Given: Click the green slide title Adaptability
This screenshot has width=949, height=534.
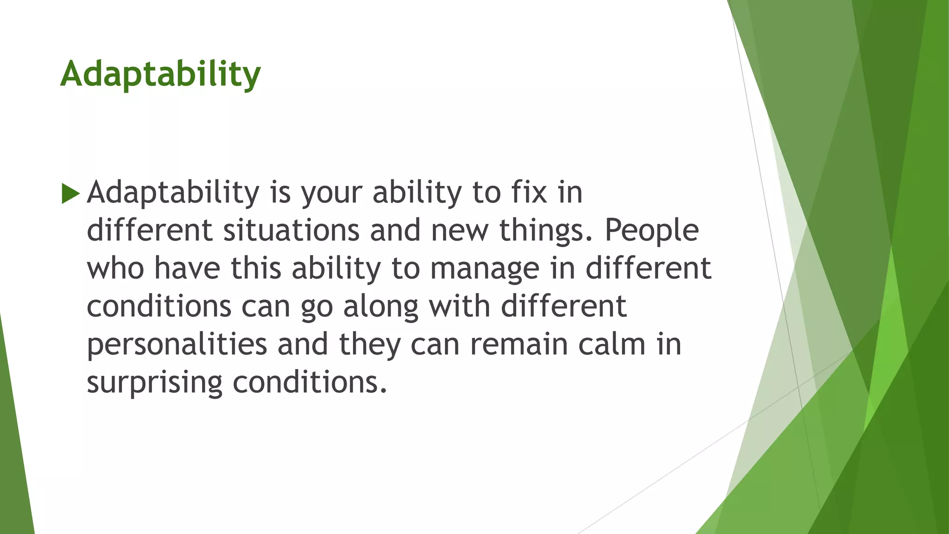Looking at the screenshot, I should tap(160, 74).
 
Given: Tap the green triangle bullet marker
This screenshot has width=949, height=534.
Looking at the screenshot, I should tap(70, 193).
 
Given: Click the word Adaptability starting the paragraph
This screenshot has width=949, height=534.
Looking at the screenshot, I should tap(173, 193).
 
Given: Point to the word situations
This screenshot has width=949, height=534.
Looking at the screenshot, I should tap(291, 230).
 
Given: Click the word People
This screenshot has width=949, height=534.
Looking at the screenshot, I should tap(652, 230).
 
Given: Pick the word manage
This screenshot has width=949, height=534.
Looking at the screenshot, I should tap(485, 269).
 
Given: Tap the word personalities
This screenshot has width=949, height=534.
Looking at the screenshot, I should tap(177, 345).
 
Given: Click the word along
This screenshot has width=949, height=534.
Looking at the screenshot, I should tap(381, 307).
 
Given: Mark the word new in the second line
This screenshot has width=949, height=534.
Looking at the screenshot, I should tap(459, 230).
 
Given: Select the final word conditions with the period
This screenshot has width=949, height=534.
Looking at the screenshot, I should tap(310, 382).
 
